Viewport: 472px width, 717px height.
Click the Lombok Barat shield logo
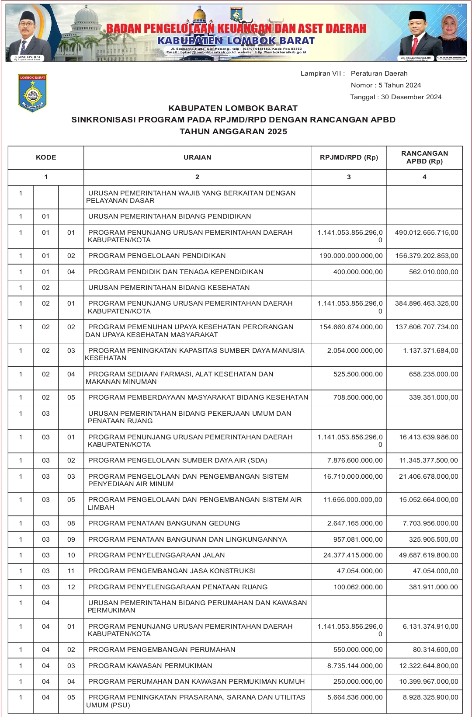click(32, 93)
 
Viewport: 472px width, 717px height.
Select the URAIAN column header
click(197, 157)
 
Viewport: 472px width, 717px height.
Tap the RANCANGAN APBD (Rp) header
click(424, 157)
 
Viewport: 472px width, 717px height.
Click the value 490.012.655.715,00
click(427, 233)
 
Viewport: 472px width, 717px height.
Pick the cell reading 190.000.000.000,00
click(351, 256)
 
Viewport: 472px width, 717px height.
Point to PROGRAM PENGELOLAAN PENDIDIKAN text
click(157, 256)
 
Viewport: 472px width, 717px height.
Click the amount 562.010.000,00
click(434, 272)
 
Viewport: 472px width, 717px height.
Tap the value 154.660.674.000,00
click(351, 327)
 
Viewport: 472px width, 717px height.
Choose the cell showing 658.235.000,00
click(434, 374)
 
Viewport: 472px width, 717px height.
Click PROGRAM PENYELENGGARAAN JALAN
click(156, 555)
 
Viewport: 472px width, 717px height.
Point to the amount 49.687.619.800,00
click(429, 555)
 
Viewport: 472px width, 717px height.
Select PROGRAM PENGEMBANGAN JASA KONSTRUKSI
click(172, 571)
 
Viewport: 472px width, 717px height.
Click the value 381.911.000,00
click(434, 587)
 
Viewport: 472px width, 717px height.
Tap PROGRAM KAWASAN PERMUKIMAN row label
click(150, 666)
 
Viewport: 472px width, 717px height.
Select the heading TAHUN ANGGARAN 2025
click(233, 132)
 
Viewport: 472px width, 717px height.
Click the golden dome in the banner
click(200, 15)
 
